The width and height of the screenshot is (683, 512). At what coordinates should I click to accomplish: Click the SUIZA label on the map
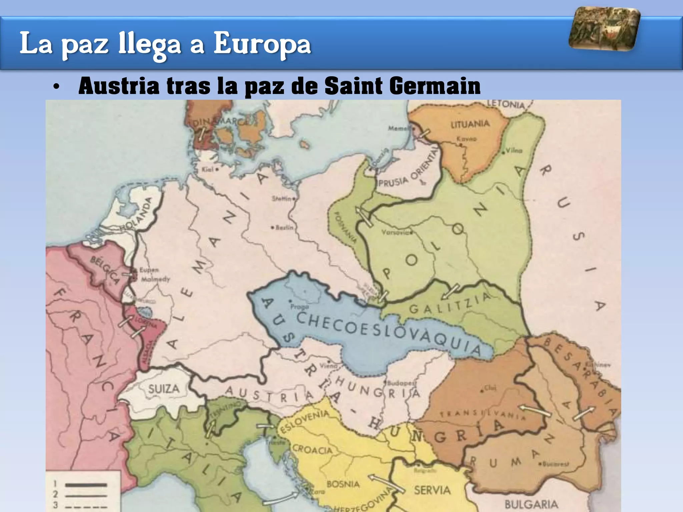tap(163, 389)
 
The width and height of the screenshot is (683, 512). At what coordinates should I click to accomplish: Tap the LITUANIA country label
tap(470, 124)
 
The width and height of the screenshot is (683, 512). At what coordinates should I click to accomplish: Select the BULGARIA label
tap(531, 504)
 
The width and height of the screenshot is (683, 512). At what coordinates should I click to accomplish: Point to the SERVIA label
tap(432, 490)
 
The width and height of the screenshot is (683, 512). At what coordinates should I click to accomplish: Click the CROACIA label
tap(312, 450)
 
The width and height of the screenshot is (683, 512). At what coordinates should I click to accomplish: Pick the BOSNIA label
tap(343, 484)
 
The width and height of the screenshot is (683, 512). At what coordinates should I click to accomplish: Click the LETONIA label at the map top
tap(506, 104)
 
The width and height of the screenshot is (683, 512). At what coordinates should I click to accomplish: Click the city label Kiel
tap(207, 170)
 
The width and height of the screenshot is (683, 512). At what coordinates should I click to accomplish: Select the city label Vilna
tap(514, 151)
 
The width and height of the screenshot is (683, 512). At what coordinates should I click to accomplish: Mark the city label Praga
tap(299, 306)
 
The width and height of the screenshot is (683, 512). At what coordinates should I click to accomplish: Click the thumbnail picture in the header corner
tap(605, 29)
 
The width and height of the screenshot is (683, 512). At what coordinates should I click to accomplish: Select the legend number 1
tap(55, 484)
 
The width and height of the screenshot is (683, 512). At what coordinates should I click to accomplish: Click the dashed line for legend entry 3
tap(86, 506)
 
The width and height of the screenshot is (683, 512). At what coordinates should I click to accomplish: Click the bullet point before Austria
tap(56, 87)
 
